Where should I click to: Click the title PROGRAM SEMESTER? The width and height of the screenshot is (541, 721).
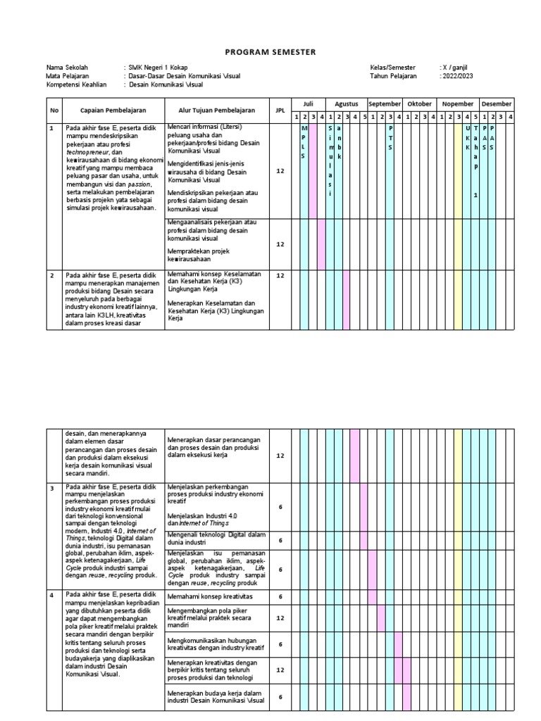click(270, 52)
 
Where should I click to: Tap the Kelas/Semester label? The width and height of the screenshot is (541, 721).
click(392, 68)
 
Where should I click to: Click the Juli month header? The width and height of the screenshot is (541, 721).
click(308, 104)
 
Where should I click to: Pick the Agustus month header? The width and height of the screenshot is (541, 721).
click(347, 104)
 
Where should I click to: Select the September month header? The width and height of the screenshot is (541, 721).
click(385, 104)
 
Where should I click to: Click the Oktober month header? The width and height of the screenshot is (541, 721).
click(420, 104)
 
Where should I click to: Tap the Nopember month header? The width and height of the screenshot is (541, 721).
click(458, 104)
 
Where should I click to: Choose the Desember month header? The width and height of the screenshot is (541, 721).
click(497, 104)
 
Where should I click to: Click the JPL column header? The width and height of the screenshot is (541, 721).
click(279, 110)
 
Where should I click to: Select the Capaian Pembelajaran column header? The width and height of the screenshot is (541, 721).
click(113, 110)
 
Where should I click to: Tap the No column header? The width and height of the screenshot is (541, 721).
click(54, 110)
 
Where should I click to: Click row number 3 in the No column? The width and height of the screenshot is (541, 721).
click(52, 487)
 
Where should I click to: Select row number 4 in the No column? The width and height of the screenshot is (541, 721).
click(52, 595)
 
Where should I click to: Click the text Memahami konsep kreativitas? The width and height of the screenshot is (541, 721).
click(209, 596)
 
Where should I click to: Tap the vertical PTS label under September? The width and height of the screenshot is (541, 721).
click(391, 138)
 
